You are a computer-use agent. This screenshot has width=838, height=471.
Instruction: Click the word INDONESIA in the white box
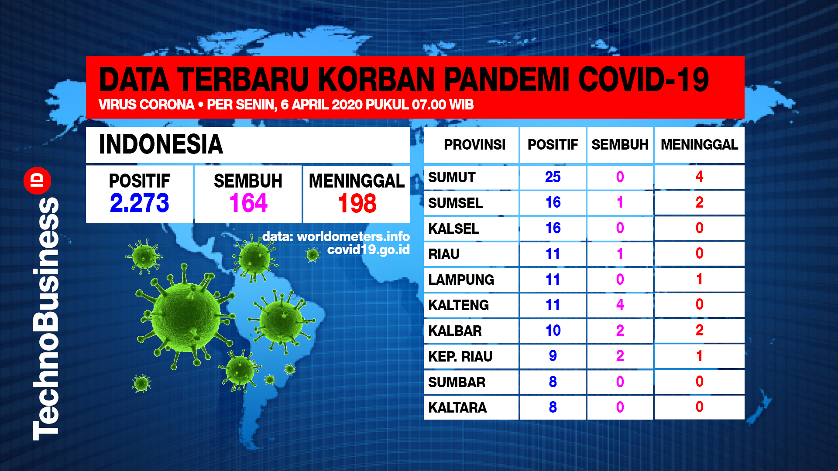click(161, 144)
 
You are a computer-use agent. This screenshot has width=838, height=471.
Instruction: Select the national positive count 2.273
click(139, 203)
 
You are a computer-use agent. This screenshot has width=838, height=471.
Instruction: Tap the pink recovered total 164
click(248, 203)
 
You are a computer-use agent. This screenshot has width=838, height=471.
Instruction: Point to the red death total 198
click(357, 203)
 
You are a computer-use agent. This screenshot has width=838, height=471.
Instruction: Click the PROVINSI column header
click(474, 144)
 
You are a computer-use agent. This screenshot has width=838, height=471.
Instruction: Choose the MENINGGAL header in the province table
click(699, 144)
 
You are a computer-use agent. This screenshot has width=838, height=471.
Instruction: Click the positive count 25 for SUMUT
click(553, 177)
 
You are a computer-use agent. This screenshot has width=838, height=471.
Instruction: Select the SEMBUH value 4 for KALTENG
click(620, 304)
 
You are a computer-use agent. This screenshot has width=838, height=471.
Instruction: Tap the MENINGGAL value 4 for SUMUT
click(699, 176)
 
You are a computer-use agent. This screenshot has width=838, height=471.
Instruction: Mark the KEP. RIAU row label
click(460, 356)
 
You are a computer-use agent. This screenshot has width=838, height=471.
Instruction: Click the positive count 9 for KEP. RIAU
click(553, 356)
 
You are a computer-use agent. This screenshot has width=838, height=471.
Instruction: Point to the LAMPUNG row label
click(461, 280)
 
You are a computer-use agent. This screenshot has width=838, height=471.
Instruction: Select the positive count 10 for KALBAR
click(553, 330)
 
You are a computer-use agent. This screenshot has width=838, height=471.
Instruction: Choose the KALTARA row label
click(457, 407)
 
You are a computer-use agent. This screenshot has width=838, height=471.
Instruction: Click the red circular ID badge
click(38, 180)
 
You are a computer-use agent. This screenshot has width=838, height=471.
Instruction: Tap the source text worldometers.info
click(353, 236)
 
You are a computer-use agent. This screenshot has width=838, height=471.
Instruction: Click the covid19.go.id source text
click(368, 249)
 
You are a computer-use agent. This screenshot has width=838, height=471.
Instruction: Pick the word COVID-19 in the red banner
click(644, 80)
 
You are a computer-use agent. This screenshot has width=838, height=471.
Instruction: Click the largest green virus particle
click(185, 316)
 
